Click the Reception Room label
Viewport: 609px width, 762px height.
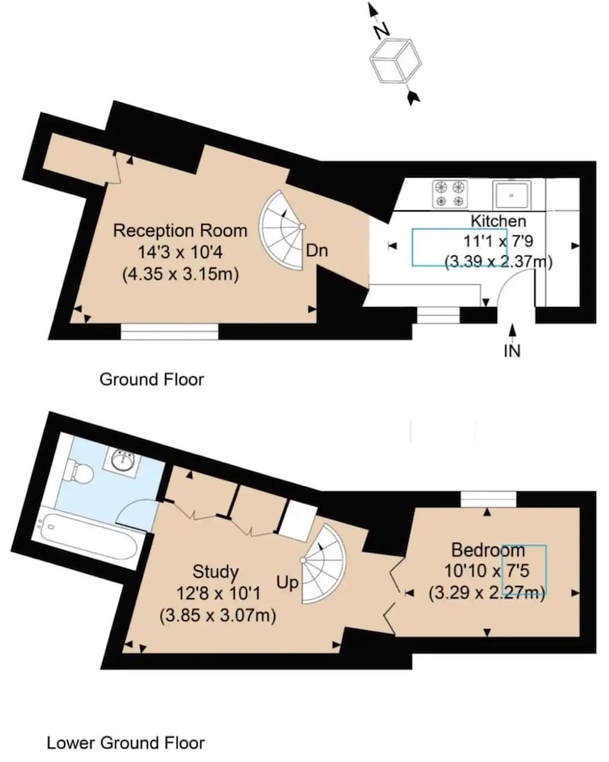pos(181,230)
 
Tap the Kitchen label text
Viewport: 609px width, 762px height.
pos(498,221)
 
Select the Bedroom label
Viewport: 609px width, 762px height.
pos(488,550)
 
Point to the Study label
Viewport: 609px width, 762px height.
pos(215,572)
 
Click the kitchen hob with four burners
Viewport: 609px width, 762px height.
pos(450,194)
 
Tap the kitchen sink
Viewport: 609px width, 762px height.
pos(512,195)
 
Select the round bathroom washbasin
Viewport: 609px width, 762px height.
pos(123,459)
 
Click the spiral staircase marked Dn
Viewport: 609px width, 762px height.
pos(282,230)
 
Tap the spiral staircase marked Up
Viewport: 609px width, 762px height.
pos(324,564)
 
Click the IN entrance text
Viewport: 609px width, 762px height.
pos(511,351)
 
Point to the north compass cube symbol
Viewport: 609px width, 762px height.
pos(396,62)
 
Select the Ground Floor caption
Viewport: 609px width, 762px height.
pos(152,379)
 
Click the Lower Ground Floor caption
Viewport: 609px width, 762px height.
pos(126,742)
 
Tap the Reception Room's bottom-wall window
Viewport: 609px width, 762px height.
pos(170,332)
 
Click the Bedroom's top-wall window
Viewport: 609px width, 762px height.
pos(489,499)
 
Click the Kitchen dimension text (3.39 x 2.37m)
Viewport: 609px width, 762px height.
pos(499,261)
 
